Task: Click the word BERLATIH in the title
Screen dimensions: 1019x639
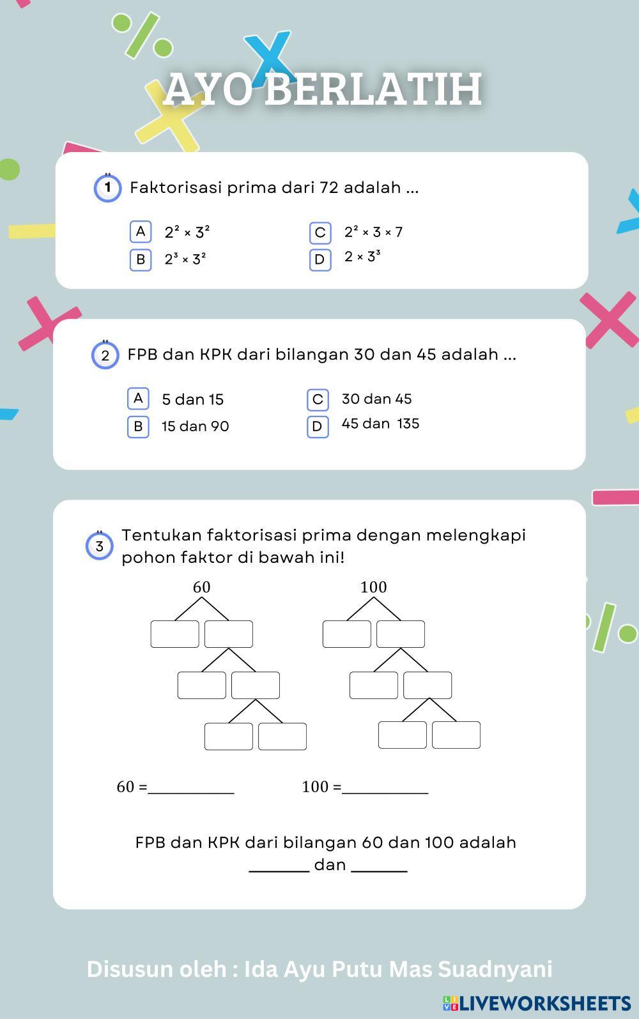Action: click(373, 89)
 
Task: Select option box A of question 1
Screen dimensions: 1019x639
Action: click(141, 231)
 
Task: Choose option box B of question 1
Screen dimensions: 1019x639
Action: click(141, 259)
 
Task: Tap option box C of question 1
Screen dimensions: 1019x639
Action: click(320, 233)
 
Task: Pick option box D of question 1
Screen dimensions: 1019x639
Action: click(320, 259)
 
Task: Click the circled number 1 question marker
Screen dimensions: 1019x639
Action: click(108, 188)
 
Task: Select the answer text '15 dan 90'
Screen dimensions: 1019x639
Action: click(195, 426)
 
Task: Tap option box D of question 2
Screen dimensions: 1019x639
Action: click(318, 426)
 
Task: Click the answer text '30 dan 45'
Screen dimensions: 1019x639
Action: click(376, 399)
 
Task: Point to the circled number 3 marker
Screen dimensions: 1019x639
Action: click(100, 547)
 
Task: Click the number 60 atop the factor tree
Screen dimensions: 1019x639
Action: click(201, 587)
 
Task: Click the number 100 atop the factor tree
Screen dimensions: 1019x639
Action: click(373, 587)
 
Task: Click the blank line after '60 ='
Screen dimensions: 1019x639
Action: click(191, 790)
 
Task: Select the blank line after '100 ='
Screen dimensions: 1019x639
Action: click(385, 790)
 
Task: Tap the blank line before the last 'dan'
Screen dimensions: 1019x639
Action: click(279, 867)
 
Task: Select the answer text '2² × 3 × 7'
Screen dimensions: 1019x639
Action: click(373, 232)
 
